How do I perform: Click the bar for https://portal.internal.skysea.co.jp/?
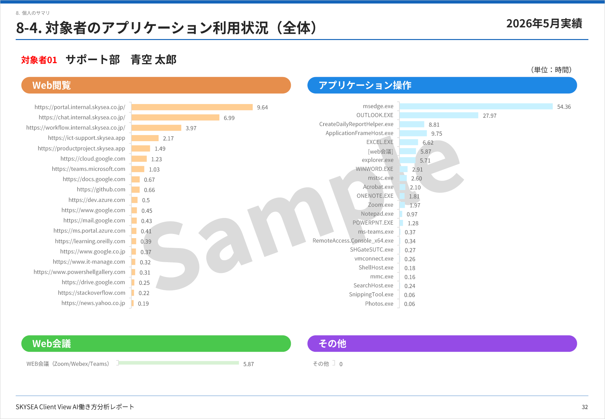pyautogui.click(x=192, y=107)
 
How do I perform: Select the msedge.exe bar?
pyautogui.click(x=476, y=106)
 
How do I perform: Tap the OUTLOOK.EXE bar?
pyautogui.click(x=439, y=115)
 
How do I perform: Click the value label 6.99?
pyautogui.click(x=229, y=118)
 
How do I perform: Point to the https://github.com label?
pyautogui.click(x=101, y=189)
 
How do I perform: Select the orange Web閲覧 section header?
pyautogui.click(x=156, y=85)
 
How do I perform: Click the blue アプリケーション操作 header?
pyautogui.click(x=442, y=85)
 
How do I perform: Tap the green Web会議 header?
pyautogui.click(x=156, y=343)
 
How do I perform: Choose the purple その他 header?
pyautogui.click(x=442, y=343)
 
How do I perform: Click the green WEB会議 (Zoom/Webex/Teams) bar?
pyautogui.click(x=179, y=363)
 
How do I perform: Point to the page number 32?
pyautogui.click(x=585, y=407)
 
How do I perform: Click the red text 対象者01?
pyautogui.click(x=39, y=60)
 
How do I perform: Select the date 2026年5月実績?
pyautogui.click(x=544, y=23)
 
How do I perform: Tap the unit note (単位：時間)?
pyautogui.click(x=551, y=70)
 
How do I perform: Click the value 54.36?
pyautogui.click(x=564, y=107)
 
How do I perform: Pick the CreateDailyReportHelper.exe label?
pyautogui.click(x=356, y=124)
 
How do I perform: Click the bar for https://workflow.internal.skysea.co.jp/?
pyautogui.click(x=156, y=128)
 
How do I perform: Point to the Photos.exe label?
pyautogui.click(x=379, y=303)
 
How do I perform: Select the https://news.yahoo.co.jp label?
pyautogui.click(x=93, y=303)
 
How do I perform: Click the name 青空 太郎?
pyautogui.click(x=153, y=60)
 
